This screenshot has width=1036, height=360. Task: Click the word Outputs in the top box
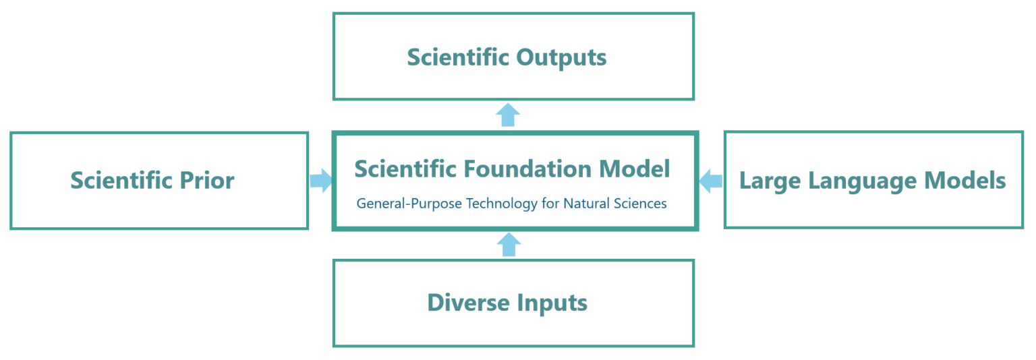(561, 57)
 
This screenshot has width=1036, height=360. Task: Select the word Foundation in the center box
(522, 169)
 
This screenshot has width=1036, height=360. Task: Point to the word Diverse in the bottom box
(468, 303)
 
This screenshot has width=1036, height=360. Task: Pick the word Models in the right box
(965, 181)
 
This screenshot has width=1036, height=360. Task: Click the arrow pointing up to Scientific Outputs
(508, 115)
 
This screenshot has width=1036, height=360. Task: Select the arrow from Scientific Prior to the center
(321, 180)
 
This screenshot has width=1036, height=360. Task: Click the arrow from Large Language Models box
(710, 180)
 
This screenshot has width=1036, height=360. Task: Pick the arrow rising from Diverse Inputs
(508, 245)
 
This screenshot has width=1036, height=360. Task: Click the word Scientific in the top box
(458, 57)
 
